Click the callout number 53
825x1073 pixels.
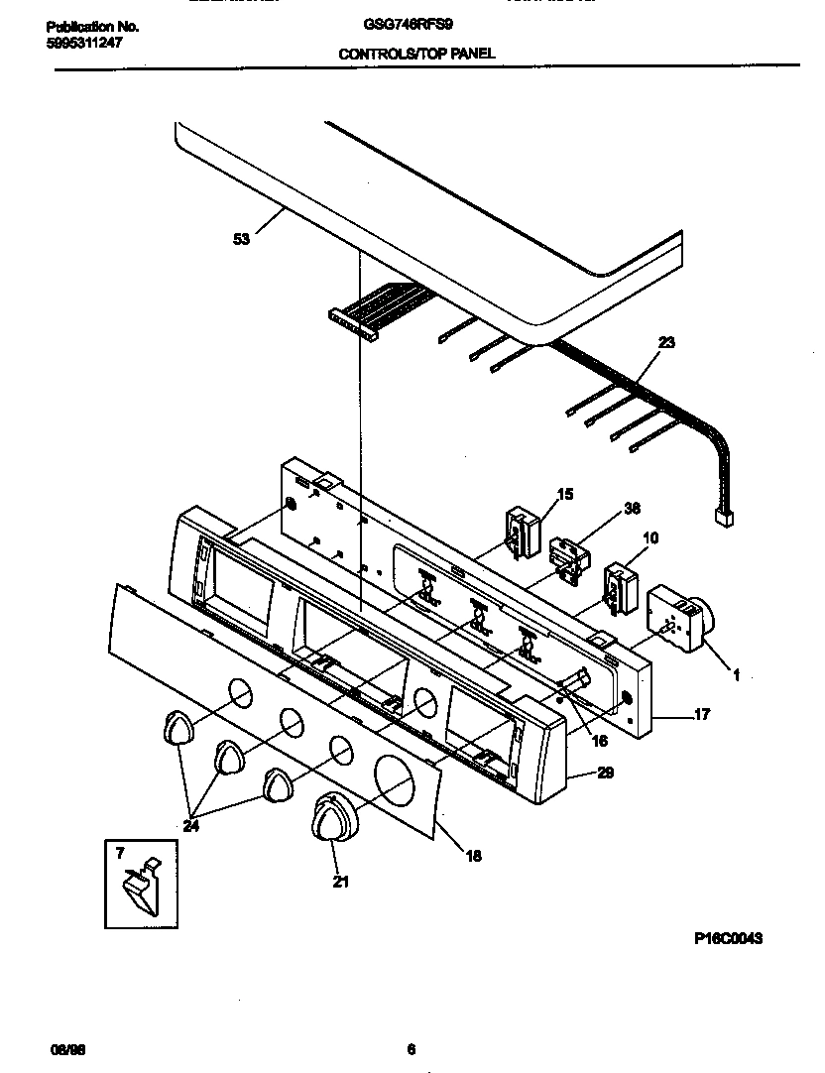[242, 239]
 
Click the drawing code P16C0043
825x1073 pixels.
[727, 937]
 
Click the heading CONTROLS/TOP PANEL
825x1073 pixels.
[416, 55]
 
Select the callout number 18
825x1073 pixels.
[472, 855]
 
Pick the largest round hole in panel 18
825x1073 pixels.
[397, 775]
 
